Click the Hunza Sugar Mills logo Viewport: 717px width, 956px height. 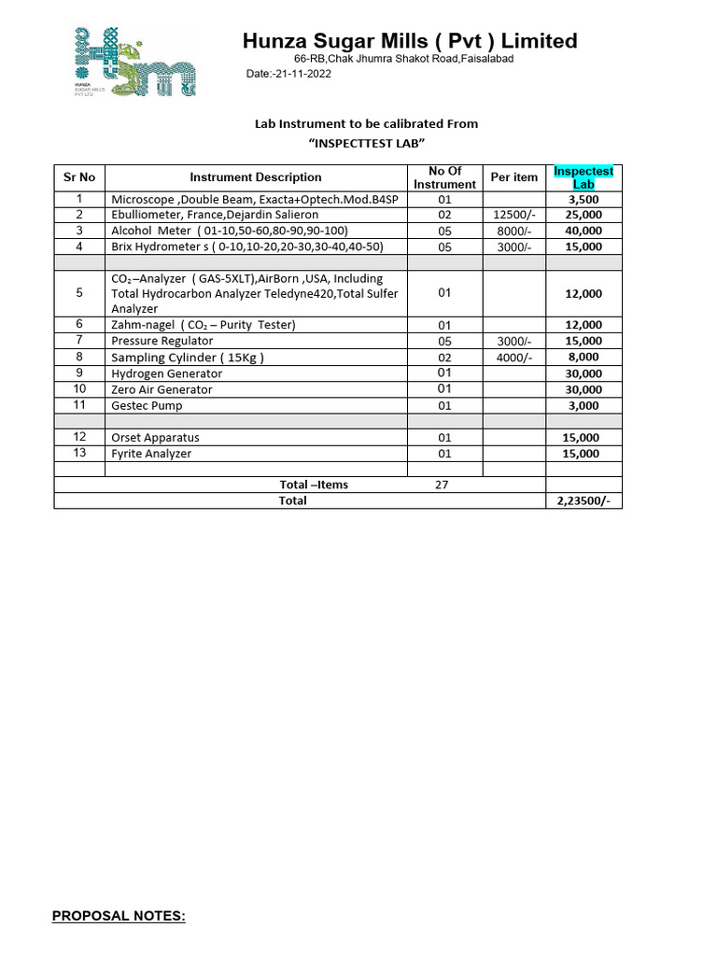click(x=134, y=62)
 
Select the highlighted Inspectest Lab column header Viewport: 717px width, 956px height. click(x=583, y=177)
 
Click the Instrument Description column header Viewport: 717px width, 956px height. click(x=256, y=177)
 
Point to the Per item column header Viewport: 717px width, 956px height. click(x=514, y=177)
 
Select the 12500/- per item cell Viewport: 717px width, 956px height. click(x=514, y=216)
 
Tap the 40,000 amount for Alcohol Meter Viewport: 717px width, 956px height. click(x=584, y=232)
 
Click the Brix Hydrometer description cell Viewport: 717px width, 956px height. click(x=247, y=247)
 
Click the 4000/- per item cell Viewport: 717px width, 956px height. click(x=514, y=358)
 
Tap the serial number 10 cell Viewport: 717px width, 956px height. click(x=79, y=389)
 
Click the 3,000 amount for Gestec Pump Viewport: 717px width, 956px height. click(x=584, y=405)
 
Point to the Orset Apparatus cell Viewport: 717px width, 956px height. click(x=156, y=438)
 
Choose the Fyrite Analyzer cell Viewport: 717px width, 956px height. click(x=152, y=454)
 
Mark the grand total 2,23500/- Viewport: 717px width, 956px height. click(x=583, y=501)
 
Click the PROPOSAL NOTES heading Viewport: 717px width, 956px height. click(x=119, y=917)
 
